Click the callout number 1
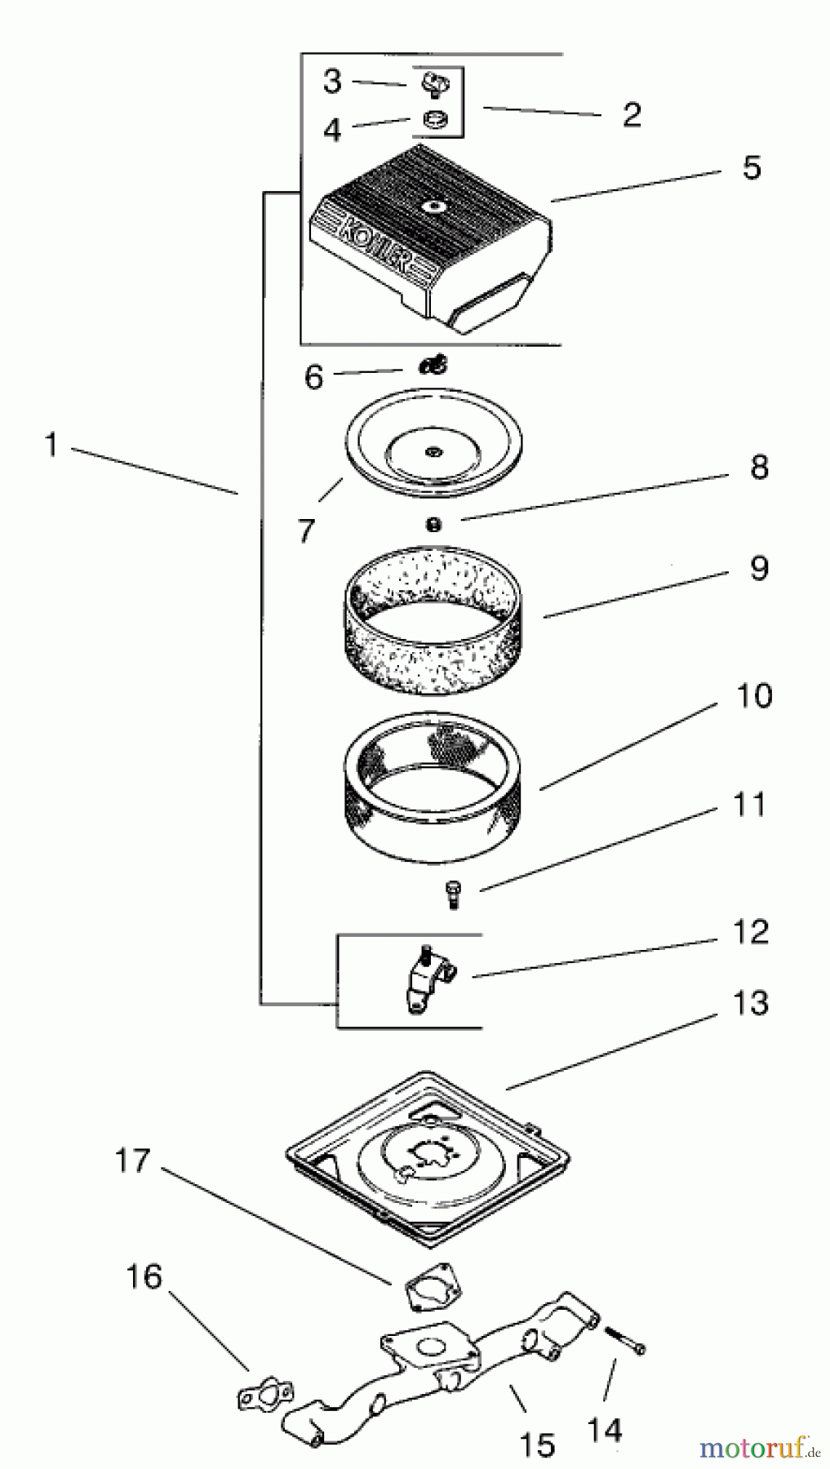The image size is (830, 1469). tap(51, 446)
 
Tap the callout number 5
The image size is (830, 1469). tap(751, 167)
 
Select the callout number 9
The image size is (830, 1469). tap(759, 568)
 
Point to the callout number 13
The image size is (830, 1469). tap(750, 1003)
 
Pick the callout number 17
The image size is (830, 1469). tap(132, 1160)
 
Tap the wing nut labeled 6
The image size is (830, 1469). tap(433, 366)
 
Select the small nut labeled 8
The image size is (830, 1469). tap(434, 525)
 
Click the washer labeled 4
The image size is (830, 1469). tap(433, 120)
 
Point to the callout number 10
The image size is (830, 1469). tap(753, 696)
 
